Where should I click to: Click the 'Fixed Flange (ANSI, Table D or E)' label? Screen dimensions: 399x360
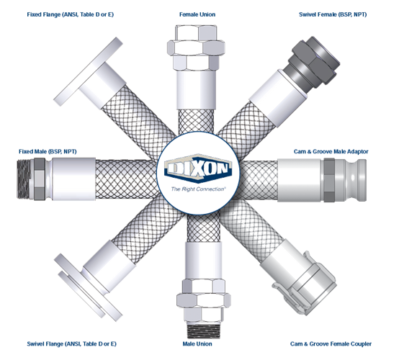click(x=71, y=14)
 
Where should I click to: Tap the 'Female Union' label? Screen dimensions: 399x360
click(x=197, y=14)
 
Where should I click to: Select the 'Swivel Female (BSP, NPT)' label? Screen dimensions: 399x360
click(x=333, y=14)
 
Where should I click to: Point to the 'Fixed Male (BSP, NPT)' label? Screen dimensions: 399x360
click(x=48, y=152)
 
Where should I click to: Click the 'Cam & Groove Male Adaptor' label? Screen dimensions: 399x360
click(x=331, y=152)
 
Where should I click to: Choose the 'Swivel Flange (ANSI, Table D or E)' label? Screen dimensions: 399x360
click(x=71, y=344)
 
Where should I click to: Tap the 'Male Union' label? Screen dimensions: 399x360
click(x=197, y=344)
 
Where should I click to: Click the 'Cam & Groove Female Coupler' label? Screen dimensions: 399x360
click(x=331, y=344)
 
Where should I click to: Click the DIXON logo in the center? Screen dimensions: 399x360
click(x=198, y=168)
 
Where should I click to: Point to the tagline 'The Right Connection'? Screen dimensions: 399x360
click(x=198, y=189)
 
